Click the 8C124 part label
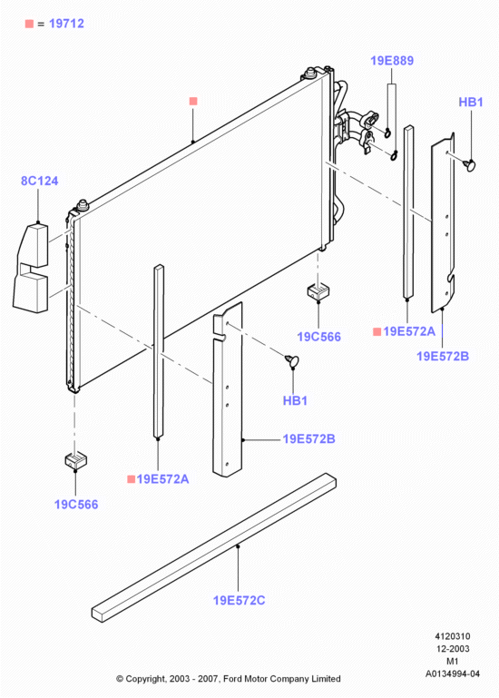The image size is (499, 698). pyautogui.click(x=40, y=181)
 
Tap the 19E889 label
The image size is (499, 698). pyautogui.click(x=392, y=61)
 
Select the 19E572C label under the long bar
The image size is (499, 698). pyautogui.click(x=239, y=601)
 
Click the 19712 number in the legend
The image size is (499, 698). pyautogui.click(x=66, y=24)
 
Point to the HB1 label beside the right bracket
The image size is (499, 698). pyautogui.click(x=471, y=102)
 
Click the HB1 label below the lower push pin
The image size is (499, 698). pyautogui.click(x=295, y=400)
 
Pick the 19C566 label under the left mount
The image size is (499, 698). pyautogui.click(x=76, y=505)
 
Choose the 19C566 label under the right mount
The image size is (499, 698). pyautogui.click(x=318, y=337)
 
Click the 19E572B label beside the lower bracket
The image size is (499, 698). pyautogui.click(x=308, y=439)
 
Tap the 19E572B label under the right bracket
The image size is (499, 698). pyautogui.click(x=443, y=356)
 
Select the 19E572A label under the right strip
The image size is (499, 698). pyautogui.click(x=409, y=331)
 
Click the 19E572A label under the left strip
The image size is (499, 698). pyautogui.click(x=162, y=479)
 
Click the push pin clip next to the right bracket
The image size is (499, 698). pyautogui.click(x=469, y=165)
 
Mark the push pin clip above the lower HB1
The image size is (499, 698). pyautogui.click(x=292, y=361)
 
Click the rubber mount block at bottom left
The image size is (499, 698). pyautogui.click(x=75, y=460)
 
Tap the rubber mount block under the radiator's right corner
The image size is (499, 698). pyautogui.click(x=318, y=291)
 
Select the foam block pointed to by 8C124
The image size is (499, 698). pyautogui.click(x=31, y=268)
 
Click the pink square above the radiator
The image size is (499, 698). pyautogui.click(x=193, y=101)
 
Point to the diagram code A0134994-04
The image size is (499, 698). pyautogui.click(x=452, y=673)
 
